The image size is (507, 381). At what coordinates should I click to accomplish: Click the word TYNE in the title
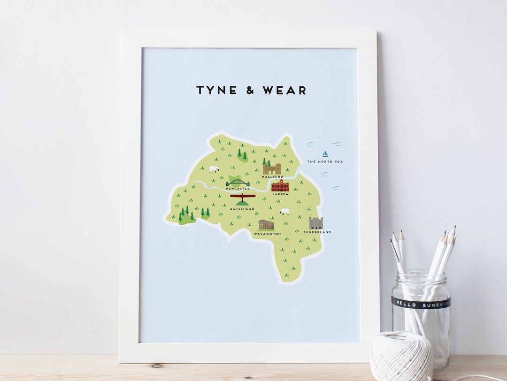tap(216, 90)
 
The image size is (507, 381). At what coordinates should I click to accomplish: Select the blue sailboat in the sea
tap(325, 153)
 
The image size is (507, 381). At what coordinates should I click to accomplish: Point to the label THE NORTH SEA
tap(325, 162)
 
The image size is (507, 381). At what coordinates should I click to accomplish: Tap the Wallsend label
tap(272, 177)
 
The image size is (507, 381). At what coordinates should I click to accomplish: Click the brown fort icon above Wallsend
tap(272, 169)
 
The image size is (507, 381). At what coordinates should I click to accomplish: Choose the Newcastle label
tap(238, 189)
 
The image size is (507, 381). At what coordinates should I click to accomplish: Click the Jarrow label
tap(280, 194)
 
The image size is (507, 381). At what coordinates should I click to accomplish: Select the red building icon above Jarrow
tap(280, 186)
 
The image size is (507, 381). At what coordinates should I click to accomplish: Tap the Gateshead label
tap(242, 209)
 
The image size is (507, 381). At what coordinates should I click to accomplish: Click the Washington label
tap(267, 234)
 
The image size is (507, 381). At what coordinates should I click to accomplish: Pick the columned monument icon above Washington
tap(266, 225)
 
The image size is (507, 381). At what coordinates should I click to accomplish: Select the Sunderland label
tap(317, 232)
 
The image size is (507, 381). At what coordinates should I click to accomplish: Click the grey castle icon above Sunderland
tap(316, 223)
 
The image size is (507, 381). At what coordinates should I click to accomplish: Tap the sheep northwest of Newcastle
tap(214, 169)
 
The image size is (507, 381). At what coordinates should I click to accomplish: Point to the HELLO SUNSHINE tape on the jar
tap(421, 303)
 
